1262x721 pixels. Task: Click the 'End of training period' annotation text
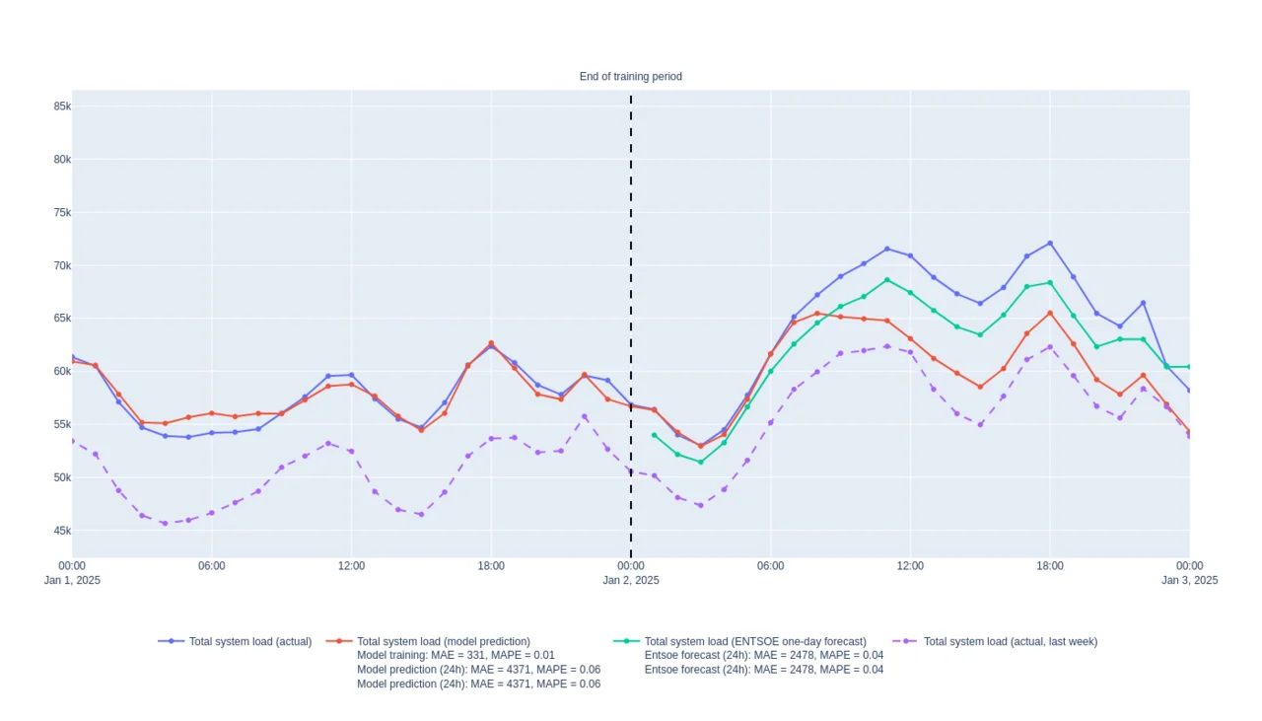(630, 77)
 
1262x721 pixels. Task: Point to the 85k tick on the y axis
(61, 107)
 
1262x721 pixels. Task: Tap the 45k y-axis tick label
(61, 531)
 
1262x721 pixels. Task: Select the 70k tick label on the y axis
(61, 265)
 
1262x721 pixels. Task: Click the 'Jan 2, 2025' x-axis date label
(631, 580)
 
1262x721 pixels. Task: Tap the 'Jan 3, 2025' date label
(1189, 580)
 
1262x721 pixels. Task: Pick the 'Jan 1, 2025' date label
(72, 580)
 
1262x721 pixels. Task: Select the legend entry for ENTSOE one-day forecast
(754, 641)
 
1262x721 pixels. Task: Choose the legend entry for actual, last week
(1010, 641)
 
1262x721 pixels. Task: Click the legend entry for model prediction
(443, 641)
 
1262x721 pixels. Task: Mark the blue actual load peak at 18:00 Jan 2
(1050, 243)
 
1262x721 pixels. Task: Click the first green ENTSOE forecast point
(654, 435)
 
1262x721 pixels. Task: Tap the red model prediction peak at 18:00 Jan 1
(491, 343)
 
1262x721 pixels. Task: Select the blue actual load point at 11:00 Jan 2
(887, 249)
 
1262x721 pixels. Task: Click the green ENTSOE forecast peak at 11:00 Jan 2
(887, 280)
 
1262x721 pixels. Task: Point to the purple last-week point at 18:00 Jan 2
(1050, 346)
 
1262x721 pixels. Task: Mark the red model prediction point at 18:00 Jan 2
(1050, 314)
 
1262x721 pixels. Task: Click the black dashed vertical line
(631, 296)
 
